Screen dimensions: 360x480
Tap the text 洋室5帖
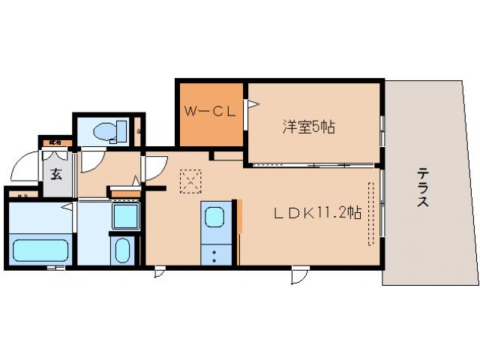(308, 127)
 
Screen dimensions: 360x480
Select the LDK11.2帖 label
(316, 213)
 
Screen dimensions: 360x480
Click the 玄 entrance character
(56, 175)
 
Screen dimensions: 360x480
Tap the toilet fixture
(105, 133)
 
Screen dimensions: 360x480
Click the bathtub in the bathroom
(40, 247)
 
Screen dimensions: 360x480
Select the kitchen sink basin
(213, 218)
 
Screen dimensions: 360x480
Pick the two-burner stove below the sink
(213, 253)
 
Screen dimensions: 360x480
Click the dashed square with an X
(191, 180)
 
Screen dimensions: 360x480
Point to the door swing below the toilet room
(93, 160)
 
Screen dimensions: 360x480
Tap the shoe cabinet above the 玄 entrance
(56, 141)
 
